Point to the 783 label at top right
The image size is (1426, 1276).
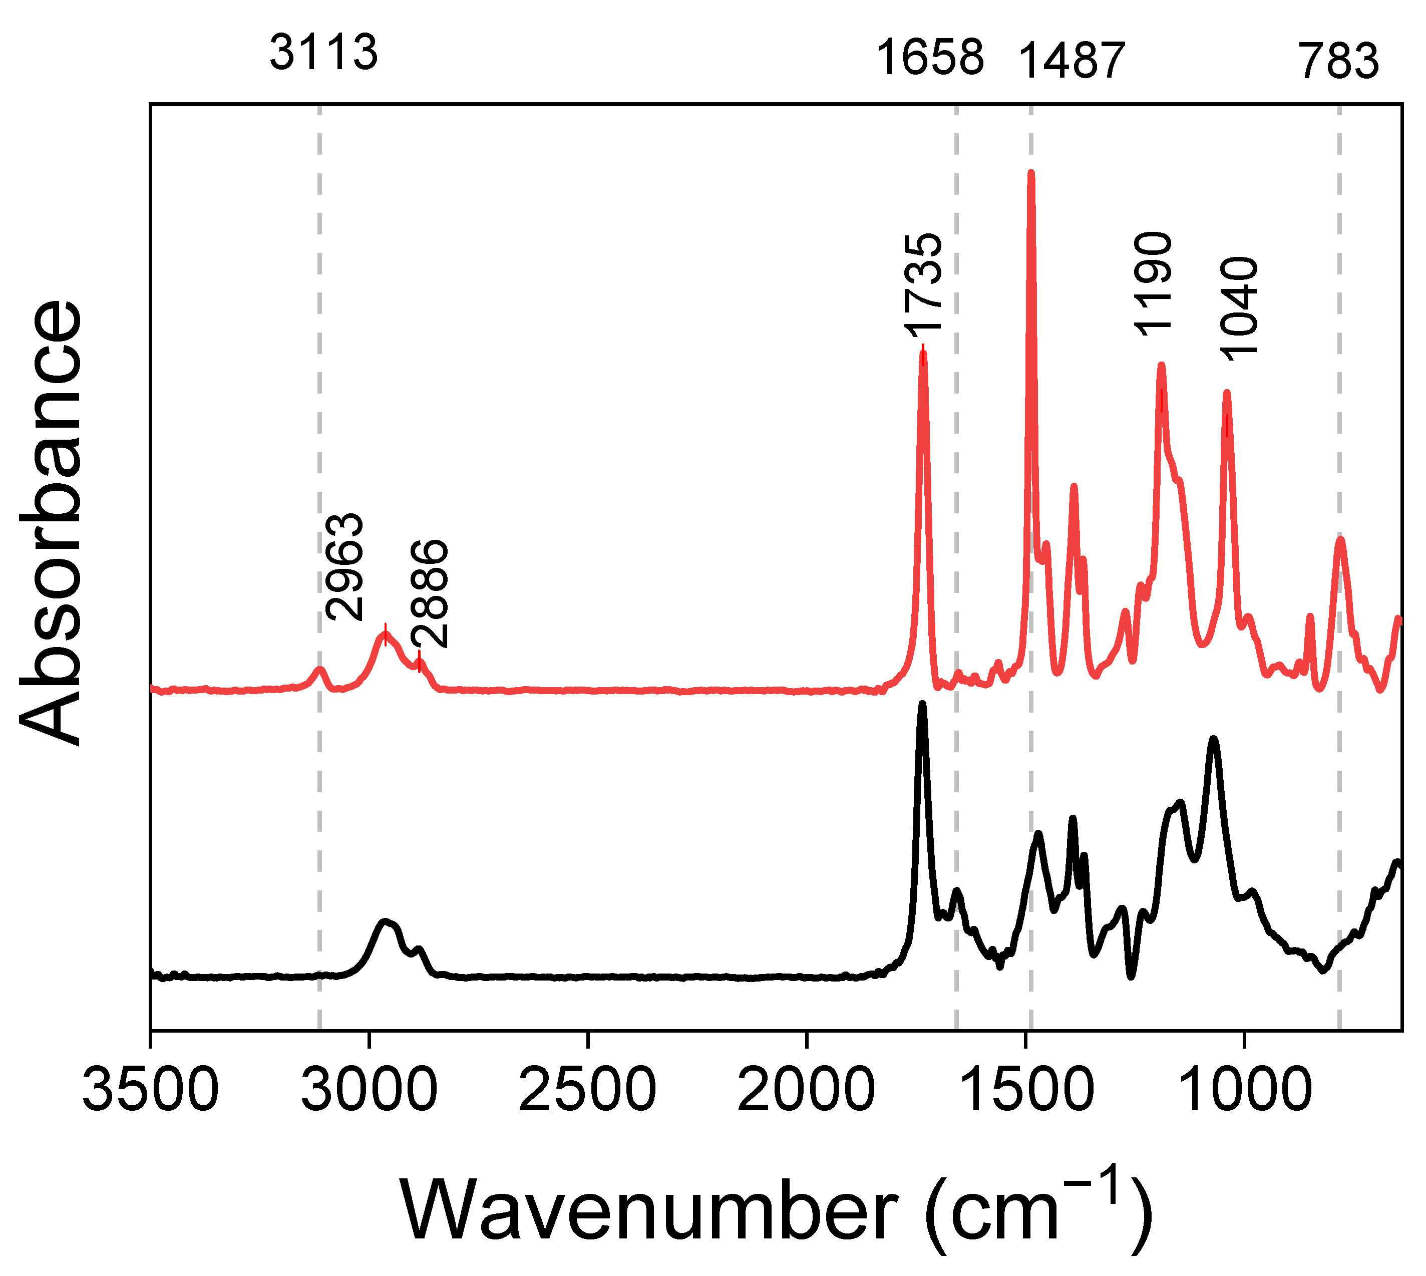[x=1338, y=62]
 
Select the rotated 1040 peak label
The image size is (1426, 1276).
[x=1240, y=308]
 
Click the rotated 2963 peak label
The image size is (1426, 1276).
[x=345, y=566]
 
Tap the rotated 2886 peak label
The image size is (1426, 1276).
[x=429, y=593]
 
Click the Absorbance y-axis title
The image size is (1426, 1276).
[x=51, y=522]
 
